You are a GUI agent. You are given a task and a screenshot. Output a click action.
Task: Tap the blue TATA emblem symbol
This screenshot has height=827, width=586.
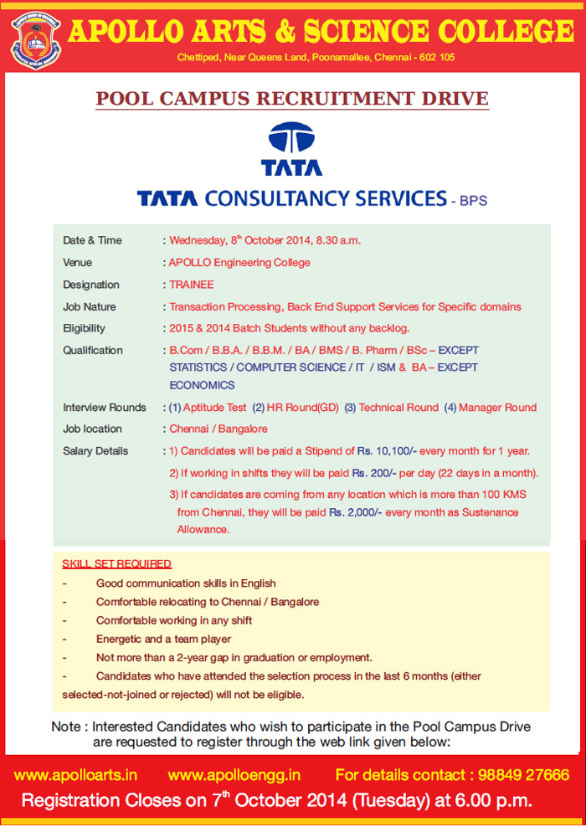coord(291,138)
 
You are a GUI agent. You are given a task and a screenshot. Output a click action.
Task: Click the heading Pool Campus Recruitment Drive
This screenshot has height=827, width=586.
coord(292,98)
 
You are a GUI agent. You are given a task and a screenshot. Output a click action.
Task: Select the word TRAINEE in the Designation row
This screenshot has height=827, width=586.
coord(192,285)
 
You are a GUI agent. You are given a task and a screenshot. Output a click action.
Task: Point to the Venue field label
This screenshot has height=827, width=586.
coord(78,263)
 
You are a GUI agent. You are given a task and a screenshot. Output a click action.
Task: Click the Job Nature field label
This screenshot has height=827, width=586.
coord(90,306)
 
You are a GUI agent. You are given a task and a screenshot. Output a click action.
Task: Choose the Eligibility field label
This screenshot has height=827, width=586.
coord(84,328)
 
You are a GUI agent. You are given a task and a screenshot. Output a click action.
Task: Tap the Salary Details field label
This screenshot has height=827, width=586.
coord(95,451)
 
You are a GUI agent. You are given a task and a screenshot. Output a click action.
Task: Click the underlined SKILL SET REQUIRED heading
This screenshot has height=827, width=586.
coord(117,563)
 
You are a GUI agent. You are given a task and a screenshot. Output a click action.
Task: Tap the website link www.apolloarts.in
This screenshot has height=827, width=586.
coord(76,775)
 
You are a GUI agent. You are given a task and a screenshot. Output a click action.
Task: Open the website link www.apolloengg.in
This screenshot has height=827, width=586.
coord(234,775)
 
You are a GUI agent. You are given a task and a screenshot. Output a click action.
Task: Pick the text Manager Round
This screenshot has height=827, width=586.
coord(497,408)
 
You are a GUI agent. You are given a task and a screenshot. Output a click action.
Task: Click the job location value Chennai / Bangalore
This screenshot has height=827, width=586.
coord(213,429)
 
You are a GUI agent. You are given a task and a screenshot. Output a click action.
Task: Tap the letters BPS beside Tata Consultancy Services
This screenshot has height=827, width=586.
coord(473,201)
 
